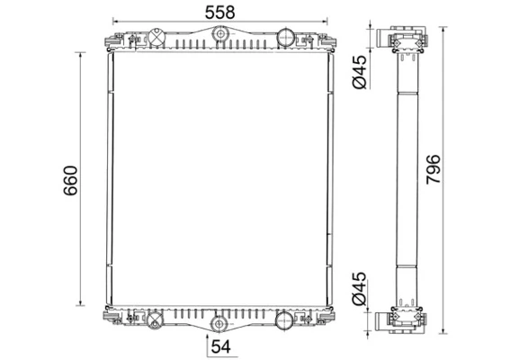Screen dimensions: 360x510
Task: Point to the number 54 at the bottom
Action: pos(221,346)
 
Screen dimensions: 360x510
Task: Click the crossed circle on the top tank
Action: pos(157,39)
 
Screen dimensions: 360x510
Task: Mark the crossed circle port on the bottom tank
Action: pos(154,319)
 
